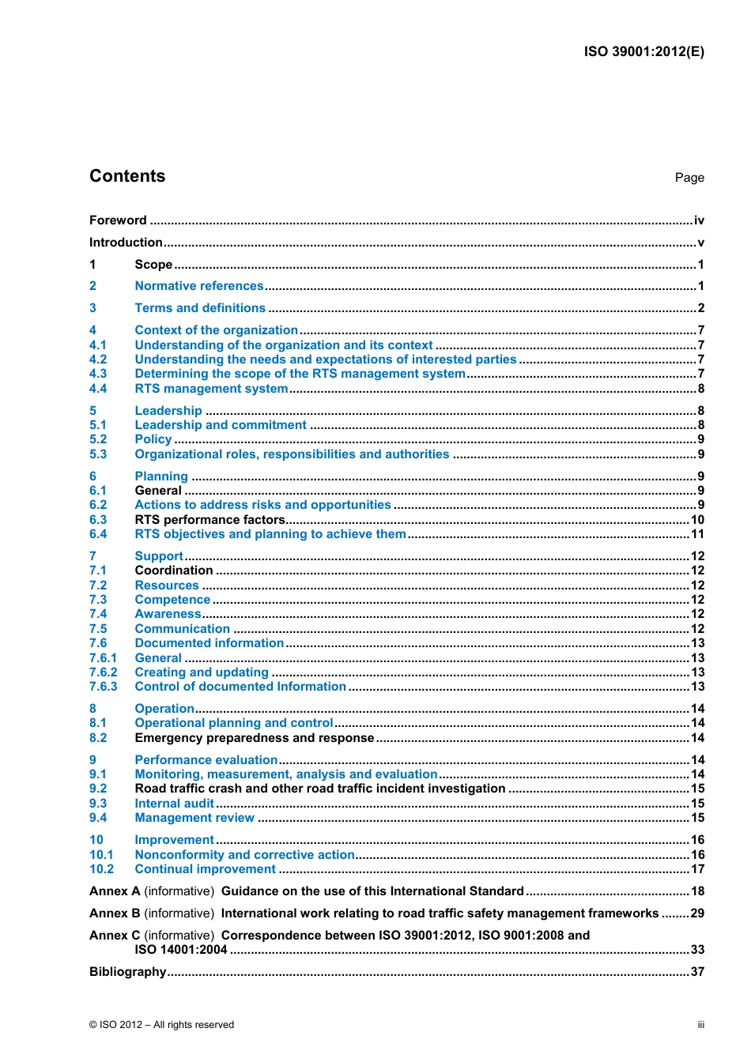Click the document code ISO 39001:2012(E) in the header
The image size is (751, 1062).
tap(643, 52)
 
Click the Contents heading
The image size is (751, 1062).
tap(127, 176)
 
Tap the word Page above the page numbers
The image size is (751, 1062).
tap(689, 178)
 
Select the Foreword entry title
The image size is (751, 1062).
tap(118, 220)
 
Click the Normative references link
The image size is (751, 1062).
tap(198, 286)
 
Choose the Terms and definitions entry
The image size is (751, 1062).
tap(200, 308)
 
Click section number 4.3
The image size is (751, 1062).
tap(98, 374)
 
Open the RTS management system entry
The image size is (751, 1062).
tap(211, 389)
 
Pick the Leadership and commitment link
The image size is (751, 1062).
tap(221, 425)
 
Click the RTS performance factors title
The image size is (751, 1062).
tap(209, 520)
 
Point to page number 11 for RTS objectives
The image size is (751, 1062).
tap(697, 534)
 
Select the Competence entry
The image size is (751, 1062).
tap(172, 600)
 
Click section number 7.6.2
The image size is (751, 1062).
tap(103, 672)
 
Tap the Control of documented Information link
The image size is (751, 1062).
tap(240, 687)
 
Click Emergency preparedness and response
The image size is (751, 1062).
tap(254, 738)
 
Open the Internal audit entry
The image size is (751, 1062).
tap(174, 804)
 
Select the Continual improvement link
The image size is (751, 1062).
tap(205, 869)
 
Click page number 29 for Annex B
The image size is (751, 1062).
tap(697, 913)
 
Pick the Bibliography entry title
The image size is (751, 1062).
tap(127, 972)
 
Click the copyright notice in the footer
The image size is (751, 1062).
tap(161, 1025)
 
